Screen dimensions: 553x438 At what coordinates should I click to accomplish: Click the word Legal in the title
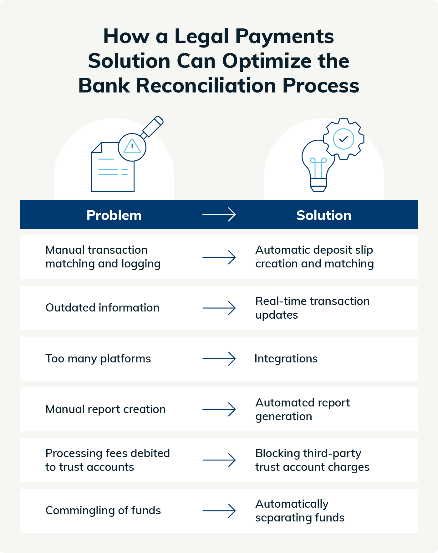[x=201, y=37]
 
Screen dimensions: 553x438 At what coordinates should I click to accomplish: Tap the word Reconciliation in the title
[x=206, y=86]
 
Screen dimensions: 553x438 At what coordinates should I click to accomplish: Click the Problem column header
[x=114, y=215]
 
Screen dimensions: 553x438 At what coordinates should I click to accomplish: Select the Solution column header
[x=323, y=215]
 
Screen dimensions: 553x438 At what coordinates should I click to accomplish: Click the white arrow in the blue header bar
[x=219, y=215]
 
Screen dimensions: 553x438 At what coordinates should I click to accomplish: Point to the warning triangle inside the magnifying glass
[x=132, y=147]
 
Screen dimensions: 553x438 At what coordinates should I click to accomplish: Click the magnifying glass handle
[x=153, y=127]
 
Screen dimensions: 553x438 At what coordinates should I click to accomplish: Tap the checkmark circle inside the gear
[x=344, y=139]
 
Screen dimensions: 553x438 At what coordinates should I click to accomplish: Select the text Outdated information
[x=102, y=308]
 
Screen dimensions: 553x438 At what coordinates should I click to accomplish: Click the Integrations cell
[x=286, y=359]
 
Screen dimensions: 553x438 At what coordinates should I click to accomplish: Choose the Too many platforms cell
[x=98, y=359]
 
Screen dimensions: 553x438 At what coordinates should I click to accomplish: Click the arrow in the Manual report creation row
[x=219, y=409]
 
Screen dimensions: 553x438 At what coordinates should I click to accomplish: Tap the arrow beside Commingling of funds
[x=219, y=511]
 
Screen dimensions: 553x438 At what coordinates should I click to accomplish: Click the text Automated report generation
[x=303, y=409]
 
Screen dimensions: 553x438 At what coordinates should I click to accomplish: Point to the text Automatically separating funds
[x=300, y=511]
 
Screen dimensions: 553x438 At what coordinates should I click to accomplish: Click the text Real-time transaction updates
[x=312, y=308]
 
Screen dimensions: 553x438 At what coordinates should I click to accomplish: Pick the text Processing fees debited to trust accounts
[x=107, y=460]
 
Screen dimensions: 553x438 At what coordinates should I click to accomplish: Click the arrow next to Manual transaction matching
[x=219, y=257]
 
